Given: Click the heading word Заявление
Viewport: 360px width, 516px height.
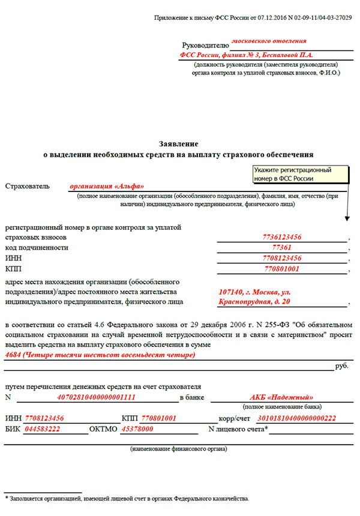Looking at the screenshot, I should coord(178,144).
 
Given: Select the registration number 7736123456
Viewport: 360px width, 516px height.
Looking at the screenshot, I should coord(282,238).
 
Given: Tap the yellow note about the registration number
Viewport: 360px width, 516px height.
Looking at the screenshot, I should coord(301,174).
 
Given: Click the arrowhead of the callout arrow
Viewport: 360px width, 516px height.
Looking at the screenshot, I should coord(347,219).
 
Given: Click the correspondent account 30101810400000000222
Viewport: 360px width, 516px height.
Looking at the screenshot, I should coord(296,418).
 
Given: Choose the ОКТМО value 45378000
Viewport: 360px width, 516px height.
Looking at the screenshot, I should coord(137,429).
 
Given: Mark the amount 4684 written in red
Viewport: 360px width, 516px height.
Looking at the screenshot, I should coord(13,355).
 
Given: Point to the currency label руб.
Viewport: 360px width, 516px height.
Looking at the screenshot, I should coord(342,365).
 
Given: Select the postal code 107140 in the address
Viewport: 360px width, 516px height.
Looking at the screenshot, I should coord(233,292).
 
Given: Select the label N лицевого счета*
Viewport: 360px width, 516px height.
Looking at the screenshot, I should coord(238,429).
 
